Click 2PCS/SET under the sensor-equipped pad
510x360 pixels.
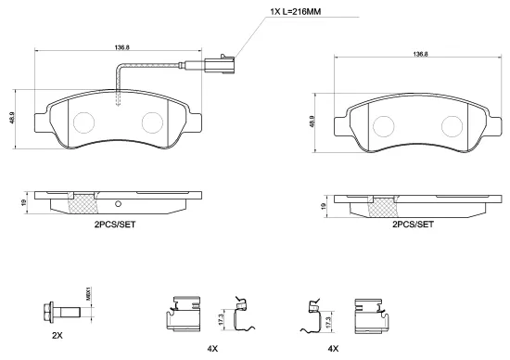tap(114, 225)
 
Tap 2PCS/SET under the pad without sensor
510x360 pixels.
tap(414, 225)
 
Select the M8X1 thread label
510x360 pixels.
tap(88, 294)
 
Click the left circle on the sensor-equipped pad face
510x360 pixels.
tap(84, 121)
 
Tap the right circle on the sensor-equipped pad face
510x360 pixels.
tap(154, 122)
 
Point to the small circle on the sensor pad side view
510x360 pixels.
tap(119, 205)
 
